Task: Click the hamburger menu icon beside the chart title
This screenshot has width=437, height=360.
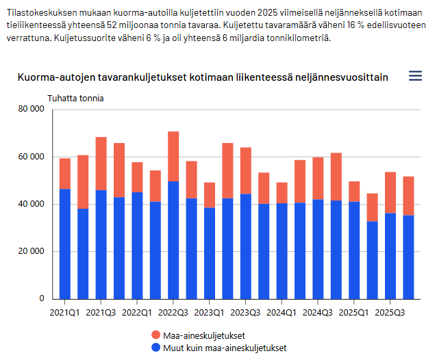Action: [x=415, y=76]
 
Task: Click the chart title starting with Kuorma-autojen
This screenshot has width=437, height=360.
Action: [x=202, y=77]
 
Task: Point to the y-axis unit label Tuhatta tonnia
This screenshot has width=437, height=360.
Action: [x=75, y=99]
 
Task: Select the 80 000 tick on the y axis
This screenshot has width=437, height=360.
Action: [x=32, y=109]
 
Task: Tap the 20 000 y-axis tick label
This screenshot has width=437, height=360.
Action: [x=32, y=251]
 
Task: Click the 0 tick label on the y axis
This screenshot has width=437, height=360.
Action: [x=42, y=299]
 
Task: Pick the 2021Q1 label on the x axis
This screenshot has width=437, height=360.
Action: [x=65, y=313]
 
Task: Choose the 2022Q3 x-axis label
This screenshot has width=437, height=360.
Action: [x=173, y=313]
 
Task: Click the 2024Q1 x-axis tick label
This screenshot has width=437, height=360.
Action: [x=282, y=313]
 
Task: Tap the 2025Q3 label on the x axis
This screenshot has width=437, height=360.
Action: [x=390, y=313]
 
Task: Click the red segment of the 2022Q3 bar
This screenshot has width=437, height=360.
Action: [x=173, y=156]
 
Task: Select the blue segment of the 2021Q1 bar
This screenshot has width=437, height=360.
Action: [x=65, y=244]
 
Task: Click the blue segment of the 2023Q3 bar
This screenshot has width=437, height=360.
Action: [x=245, y=246]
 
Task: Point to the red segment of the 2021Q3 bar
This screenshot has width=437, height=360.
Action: [x=101, y=163]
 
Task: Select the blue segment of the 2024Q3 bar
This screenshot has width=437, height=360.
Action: [x=318, y=249]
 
